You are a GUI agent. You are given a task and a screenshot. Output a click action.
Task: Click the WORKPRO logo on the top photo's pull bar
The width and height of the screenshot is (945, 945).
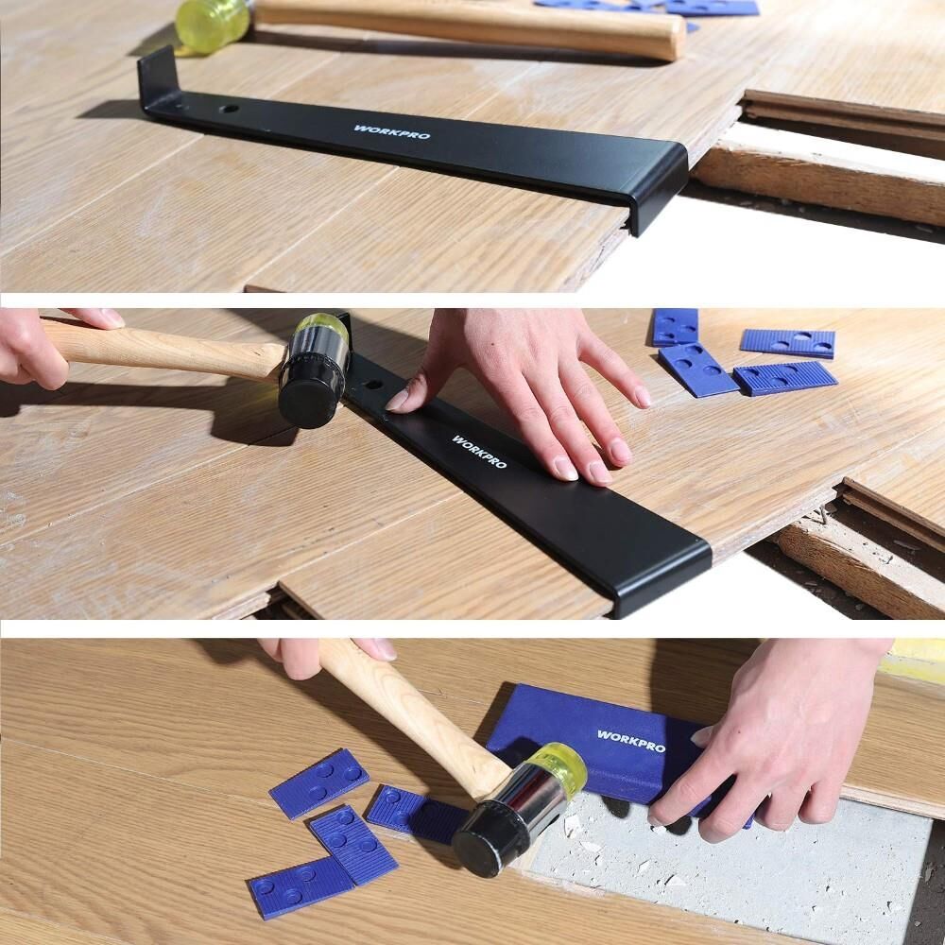(392, 132)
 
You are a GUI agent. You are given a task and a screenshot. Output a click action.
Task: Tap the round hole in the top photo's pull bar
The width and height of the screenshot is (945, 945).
(229, 109)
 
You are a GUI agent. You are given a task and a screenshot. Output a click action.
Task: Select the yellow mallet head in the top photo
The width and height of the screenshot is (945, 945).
(213, 25)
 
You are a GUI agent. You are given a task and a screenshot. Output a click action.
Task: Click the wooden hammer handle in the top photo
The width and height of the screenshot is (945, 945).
(470, 27)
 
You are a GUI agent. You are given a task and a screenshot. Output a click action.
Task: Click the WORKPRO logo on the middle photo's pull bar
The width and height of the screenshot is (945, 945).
(479, 452)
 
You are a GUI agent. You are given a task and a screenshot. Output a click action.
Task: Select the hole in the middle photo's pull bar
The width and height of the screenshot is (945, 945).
(373, 385)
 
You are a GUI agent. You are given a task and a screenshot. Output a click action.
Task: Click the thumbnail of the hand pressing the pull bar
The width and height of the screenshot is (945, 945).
(398, 400)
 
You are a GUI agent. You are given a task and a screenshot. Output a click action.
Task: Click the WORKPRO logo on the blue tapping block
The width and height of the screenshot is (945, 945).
(631, 741)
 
